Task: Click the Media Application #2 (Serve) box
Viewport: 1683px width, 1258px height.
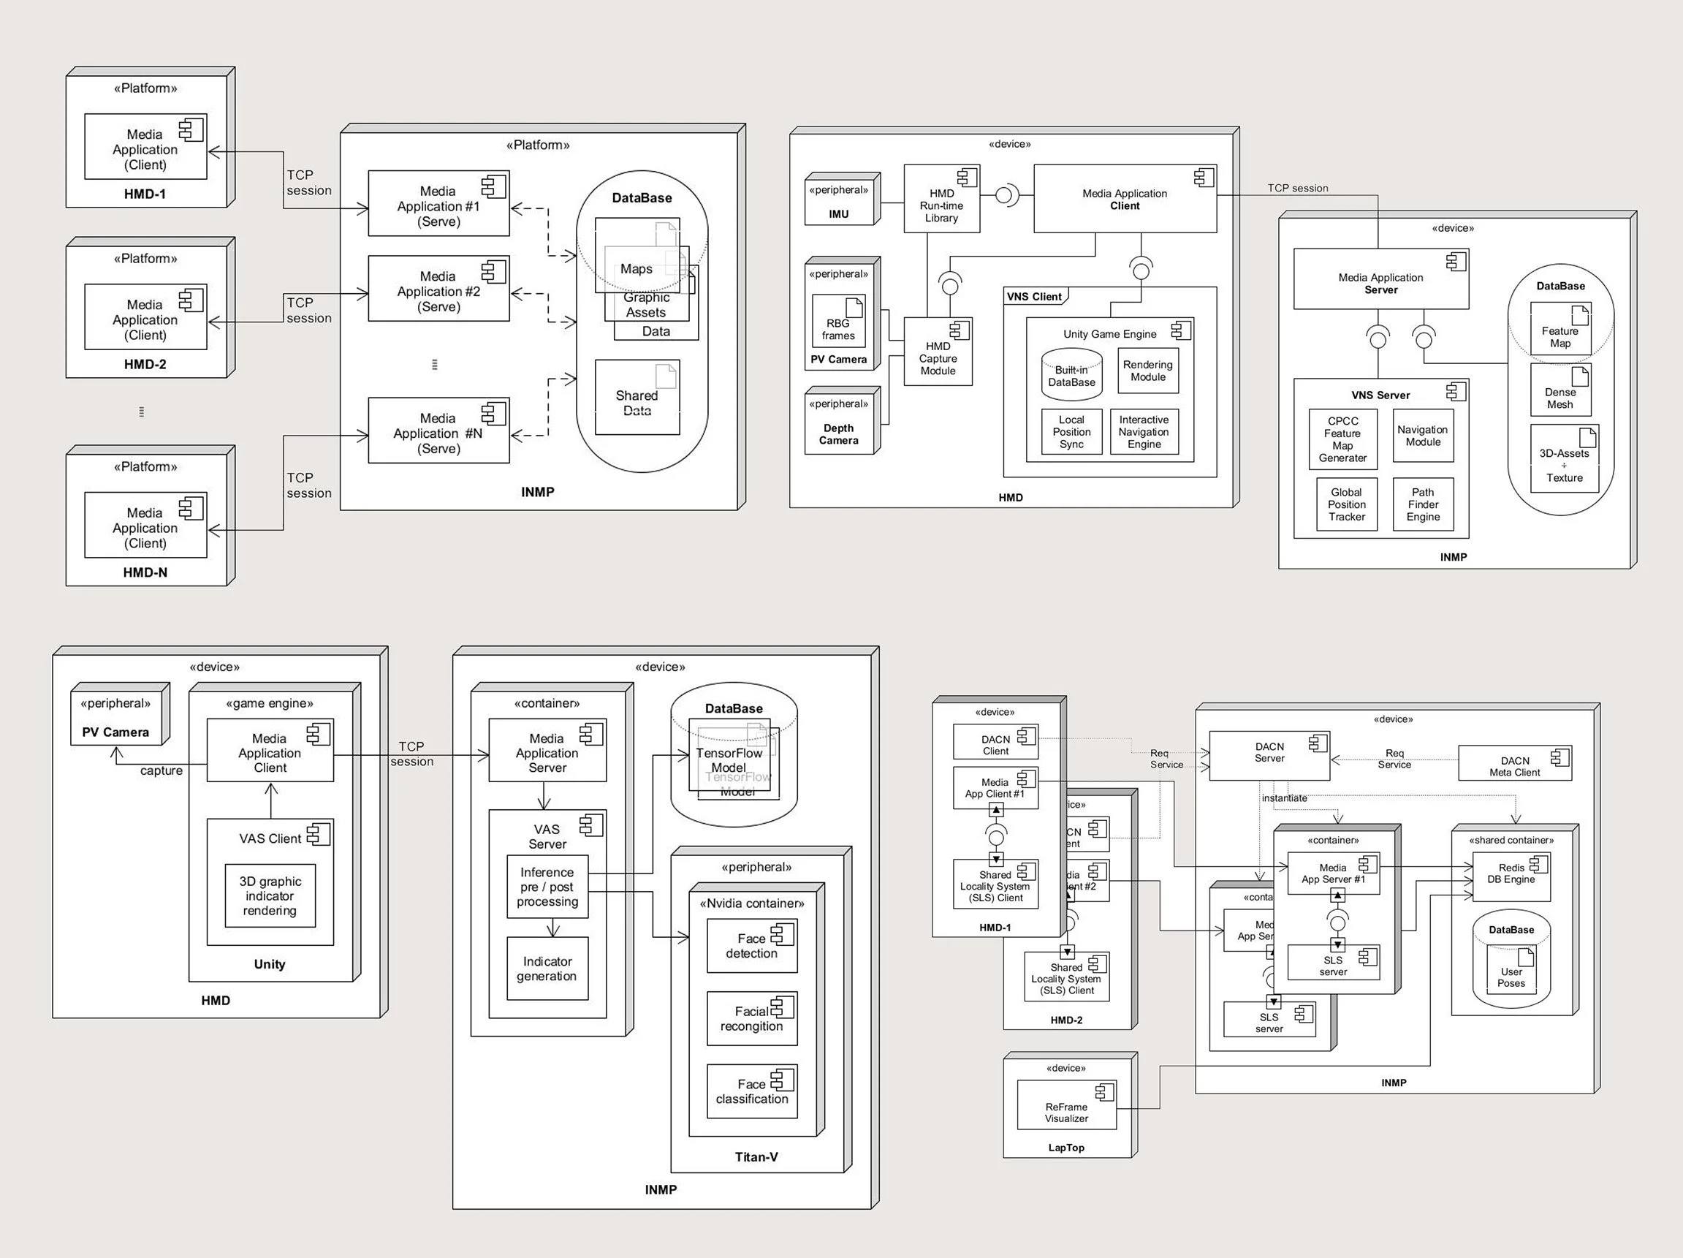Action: point(438,289)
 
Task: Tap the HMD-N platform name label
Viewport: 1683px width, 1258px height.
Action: point(145,572)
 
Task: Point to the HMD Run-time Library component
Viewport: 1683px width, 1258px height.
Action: point(941,199)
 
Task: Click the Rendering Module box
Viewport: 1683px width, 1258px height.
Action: point(1147,371)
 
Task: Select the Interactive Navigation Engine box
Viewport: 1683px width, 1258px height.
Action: point(1144,431)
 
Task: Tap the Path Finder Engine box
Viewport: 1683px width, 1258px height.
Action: point(1423,504)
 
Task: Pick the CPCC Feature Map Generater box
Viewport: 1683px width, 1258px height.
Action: point(1342,439)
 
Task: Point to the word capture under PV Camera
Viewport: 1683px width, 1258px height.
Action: point(162,770)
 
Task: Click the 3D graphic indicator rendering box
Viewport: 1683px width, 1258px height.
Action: point(270,895)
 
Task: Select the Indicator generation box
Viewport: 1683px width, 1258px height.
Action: point(547,968)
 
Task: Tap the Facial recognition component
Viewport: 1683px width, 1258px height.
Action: point(752,1018)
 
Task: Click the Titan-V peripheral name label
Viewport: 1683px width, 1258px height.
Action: point(756,1157)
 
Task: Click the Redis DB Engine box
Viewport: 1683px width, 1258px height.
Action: point(1511,874)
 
